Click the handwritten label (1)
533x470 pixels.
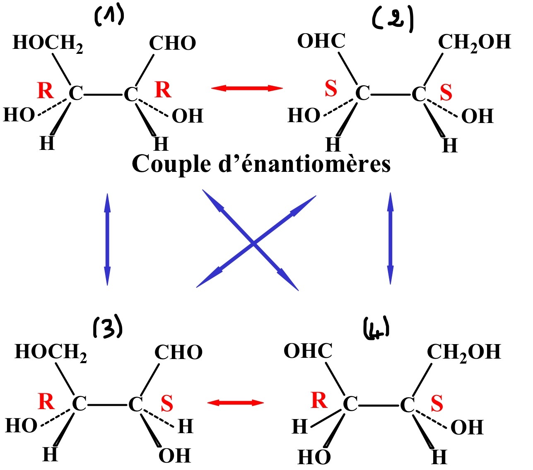[x=109, y=17]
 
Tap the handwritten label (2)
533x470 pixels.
[x=393, y=21]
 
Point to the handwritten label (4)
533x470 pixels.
[x=376, y=330]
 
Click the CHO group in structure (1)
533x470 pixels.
[x=172, y=43]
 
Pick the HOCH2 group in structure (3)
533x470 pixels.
[x=51, y=352]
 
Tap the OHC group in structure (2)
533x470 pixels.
[x=321, y=41]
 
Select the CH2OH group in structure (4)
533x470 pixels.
[x=464, y=352]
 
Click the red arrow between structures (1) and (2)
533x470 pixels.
[x=247, y=88]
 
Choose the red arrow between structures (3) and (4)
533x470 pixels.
[x=235, y=402]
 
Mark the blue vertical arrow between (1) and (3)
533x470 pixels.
[x=107, y=239]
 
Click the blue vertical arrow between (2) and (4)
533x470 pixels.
[x=390, y=239]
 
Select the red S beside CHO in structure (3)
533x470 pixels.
[x=167, y=403]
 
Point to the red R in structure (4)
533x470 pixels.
[x=319, y=400]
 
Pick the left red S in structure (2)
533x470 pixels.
[x=331, y=89]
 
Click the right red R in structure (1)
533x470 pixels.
[x=163, y=90]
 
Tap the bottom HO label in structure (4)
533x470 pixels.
[x=314, y=457]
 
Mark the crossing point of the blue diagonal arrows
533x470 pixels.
[x=253, y=243]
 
